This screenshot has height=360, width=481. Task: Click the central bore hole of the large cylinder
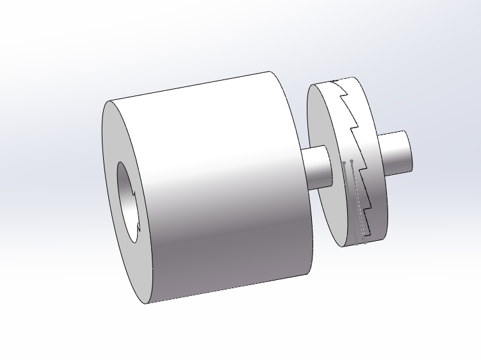click(129, 202)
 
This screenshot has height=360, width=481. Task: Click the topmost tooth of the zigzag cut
click(344, 96)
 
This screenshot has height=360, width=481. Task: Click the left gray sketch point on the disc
click(344, 163)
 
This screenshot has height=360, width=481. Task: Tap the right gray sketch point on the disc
click(352, 161)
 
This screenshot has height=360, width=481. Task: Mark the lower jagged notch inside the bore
click(139, 225)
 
